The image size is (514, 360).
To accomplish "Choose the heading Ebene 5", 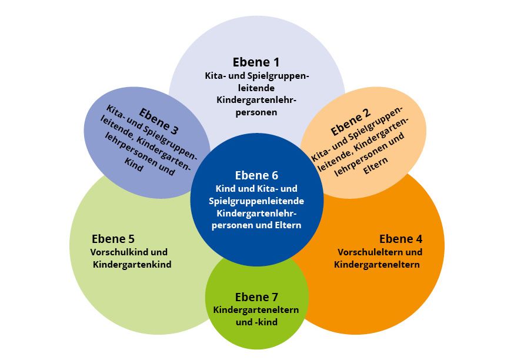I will pyautogui.click(x=113, y=239).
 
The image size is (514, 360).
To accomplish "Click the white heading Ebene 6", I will pyautogui.click(x=256, y=175).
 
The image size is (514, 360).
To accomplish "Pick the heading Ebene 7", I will pyautogui.click(x=256, y=296).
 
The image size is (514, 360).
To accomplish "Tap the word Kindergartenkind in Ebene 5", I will pyautogui.click(x=132, y=265).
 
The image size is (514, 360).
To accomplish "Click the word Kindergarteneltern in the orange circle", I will pyautogui.click(x=376, y=265).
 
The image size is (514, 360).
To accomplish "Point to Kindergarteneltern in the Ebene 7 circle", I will pyautogui.click(x=256, y=310).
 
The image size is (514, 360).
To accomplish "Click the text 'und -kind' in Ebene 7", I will pyautogui.click(x=256, y=322).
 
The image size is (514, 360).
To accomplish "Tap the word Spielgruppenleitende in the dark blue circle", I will pyautogui.click(x=256, y=201).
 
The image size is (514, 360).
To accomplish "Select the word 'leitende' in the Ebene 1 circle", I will pyautogui.click(x=256, y=88).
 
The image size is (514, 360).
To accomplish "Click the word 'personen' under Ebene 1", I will pyautogui.click(x=256, y=112).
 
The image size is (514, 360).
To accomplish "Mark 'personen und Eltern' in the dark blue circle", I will pyautogui.click(x=256, y=225).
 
